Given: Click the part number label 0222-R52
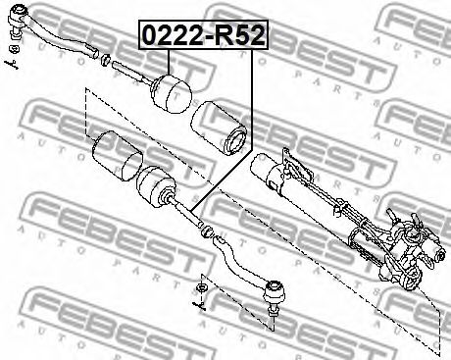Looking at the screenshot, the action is point(203,35).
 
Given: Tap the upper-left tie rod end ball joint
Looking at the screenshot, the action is point(17,19).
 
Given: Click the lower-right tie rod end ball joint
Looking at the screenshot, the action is point(275,292).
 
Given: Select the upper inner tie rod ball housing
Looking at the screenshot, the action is point(171,94).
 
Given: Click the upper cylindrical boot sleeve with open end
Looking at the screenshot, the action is point(220,128).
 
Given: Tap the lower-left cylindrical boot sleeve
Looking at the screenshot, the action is point(118,156).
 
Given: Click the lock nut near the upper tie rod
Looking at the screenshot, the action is point(105,60).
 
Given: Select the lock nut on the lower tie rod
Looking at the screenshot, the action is point(208,231).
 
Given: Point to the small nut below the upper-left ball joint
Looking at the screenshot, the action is point(15,49).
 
